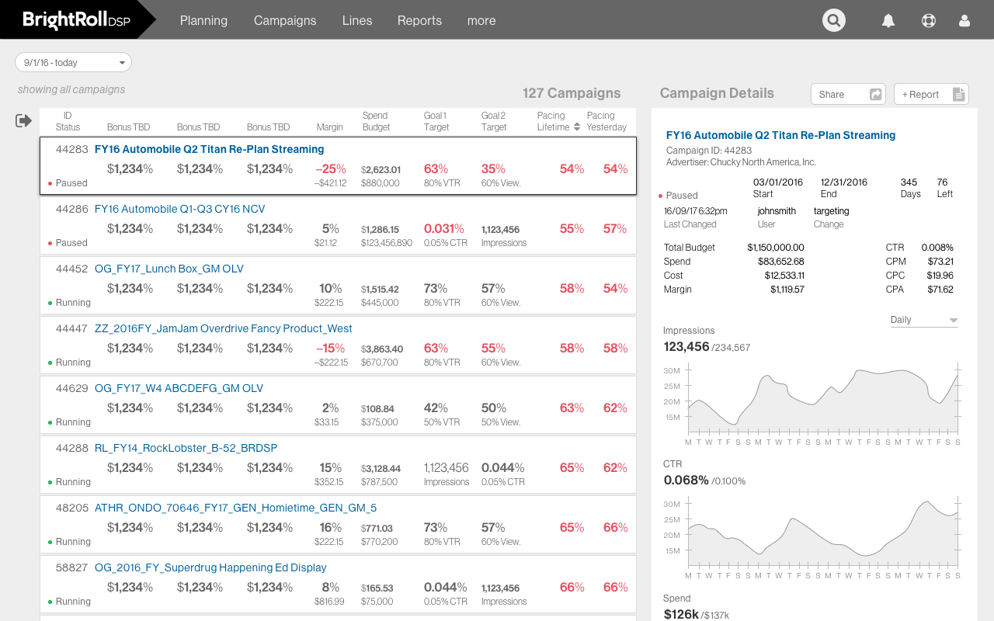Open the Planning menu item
[203, 21]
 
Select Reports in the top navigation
[419, 21]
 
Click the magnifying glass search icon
[834, 20]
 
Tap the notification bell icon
[888, 21]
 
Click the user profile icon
[964, 21]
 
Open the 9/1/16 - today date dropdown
[74, 62]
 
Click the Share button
[848, 94]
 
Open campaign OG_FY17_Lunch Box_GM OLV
[169, 269]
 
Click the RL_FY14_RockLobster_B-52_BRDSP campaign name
[186, 448]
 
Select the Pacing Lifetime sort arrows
[577, 127]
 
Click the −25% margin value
[330, 168]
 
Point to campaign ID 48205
[71, 508]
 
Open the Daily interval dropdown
[923, 320]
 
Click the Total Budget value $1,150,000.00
[775, 248]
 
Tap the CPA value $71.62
[940, 290]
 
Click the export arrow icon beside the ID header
[23, 120]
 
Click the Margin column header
[329, 127]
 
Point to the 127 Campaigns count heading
[571, 93]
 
